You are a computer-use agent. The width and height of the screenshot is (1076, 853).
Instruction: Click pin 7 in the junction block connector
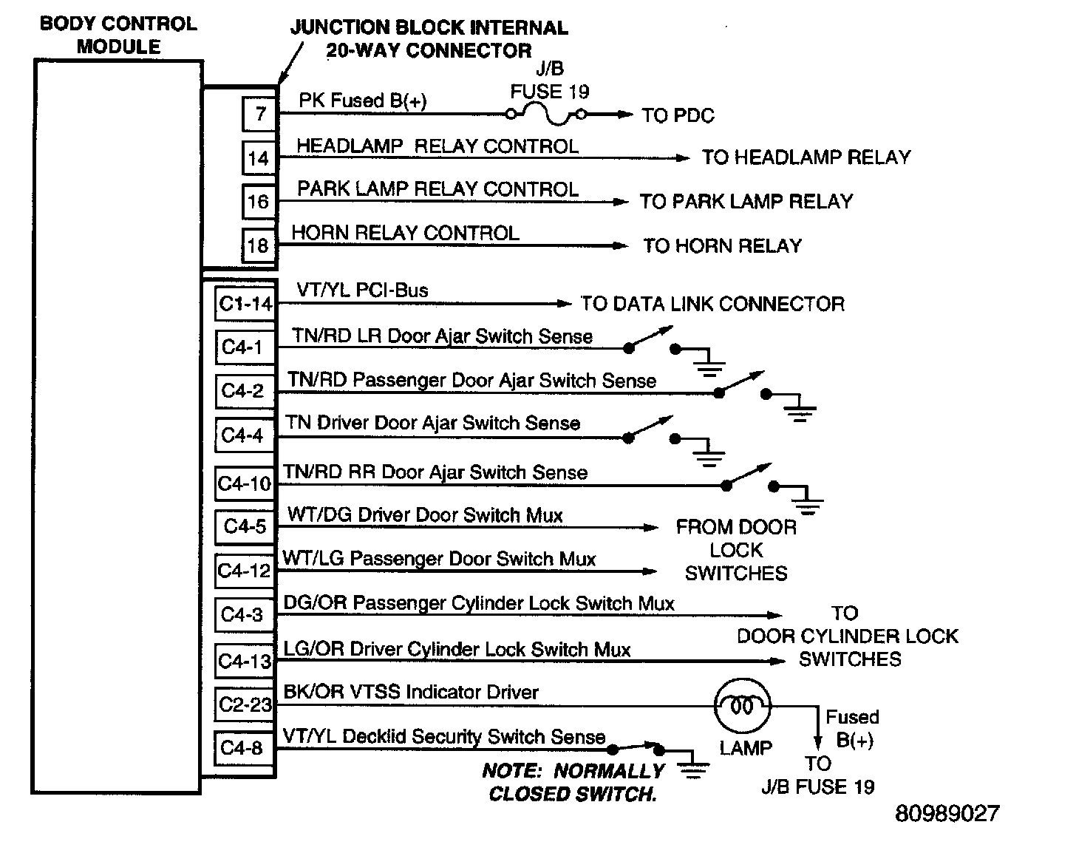pyautogui.click(x=259, y=114)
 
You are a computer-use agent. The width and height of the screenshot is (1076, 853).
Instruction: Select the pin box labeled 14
pyautogui.click(x=259, y=157)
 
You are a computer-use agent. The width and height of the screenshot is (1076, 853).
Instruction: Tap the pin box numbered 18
pyautogui.click(x=259, y=245)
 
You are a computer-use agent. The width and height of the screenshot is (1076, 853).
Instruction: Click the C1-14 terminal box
pyautogui.click(x=245, y=304)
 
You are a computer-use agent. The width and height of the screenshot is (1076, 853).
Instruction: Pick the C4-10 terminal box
pyautogui.click(x=245, y=484)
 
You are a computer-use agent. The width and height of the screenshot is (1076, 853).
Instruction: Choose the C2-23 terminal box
pyautogui.click(x=245, y=704)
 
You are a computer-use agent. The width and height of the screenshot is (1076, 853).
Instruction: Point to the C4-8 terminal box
pyautogui.click(x=242, y=748)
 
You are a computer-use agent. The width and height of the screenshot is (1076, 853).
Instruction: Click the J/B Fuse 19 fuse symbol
pyautogui.click(x=545, y=113)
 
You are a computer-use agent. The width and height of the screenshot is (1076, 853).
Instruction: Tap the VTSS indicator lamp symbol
pyautogui.click(x=742, y=706)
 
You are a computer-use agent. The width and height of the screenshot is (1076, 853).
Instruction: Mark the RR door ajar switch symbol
pyautogui.click(x=749, y=478)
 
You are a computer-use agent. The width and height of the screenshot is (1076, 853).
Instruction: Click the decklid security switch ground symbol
pyautogui.click(x=692, y=768)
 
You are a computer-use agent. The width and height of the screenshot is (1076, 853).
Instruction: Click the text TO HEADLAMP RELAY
pyautogui.click(x=806, y=157)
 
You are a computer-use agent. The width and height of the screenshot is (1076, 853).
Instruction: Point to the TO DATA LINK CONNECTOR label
pyautogui.click(x=712, y=304)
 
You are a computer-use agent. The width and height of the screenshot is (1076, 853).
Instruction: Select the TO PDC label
pyautogui.click(x=678, y=115)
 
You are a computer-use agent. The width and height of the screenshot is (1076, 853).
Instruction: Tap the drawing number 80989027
pyautogui.click(x=947, y=814)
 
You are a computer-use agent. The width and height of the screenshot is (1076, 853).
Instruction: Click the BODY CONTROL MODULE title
pyautogui.click(x=118, y=35)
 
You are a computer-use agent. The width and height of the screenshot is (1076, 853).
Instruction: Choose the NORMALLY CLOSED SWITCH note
pyautogui.click(x=573, y=782)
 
